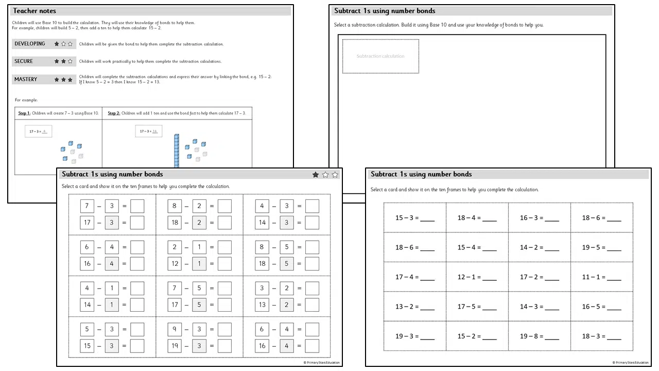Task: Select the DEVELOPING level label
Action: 30,44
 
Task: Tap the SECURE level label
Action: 24,61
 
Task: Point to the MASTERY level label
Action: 26,80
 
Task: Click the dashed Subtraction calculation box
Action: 380,56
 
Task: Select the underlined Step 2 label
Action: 114,113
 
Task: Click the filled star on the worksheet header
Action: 316,175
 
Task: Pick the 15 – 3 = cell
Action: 415,218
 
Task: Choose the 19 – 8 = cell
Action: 539,336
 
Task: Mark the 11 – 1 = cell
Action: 601,277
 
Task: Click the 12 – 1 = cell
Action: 477,277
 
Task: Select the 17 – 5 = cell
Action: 477,307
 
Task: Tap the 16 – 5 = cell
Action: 601,307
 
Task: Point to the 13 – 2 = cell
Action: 415,307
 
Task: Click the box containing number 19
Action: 175,346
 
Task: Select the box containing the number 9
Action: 175,329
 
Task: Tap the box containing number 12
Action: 175,263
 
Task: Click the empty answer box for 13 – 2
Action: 312,305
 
